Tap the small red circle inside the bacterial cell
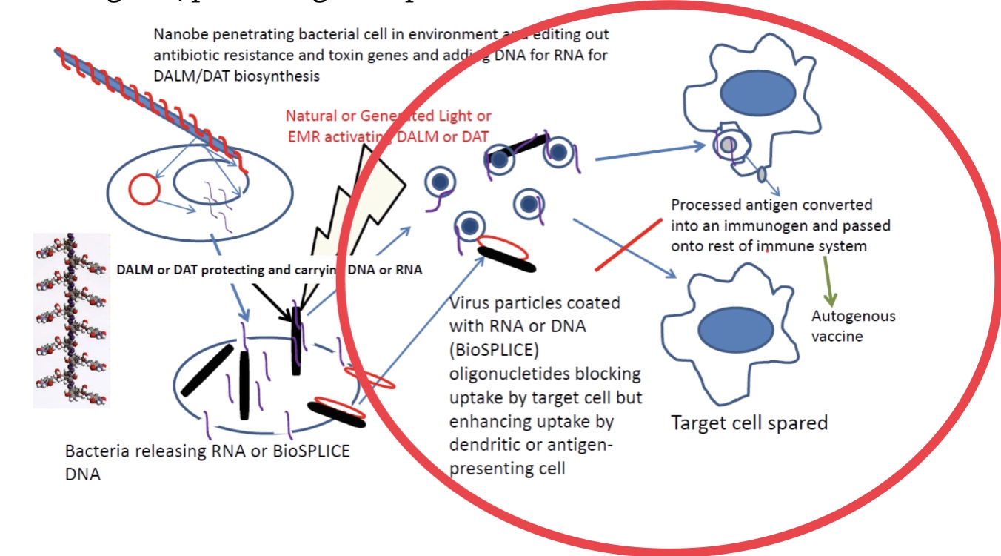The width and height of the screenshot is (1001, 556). (x=144, y=190)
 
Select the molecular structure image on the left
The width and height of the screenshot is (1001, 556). (x=72, y=320)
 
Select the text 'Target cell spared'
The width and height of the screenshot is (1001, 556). (x=749, y=423)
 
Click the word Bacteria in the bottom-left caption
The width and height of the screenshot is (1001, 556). (x=93, y=451)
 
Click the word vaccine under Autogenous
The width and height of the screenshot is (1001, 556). (x=837, y=336)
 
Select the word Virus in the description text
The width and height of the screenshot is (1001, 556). (x=469, y=304)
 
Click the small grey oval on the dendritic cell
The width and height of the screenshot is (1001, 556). (x=760, y=175)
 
